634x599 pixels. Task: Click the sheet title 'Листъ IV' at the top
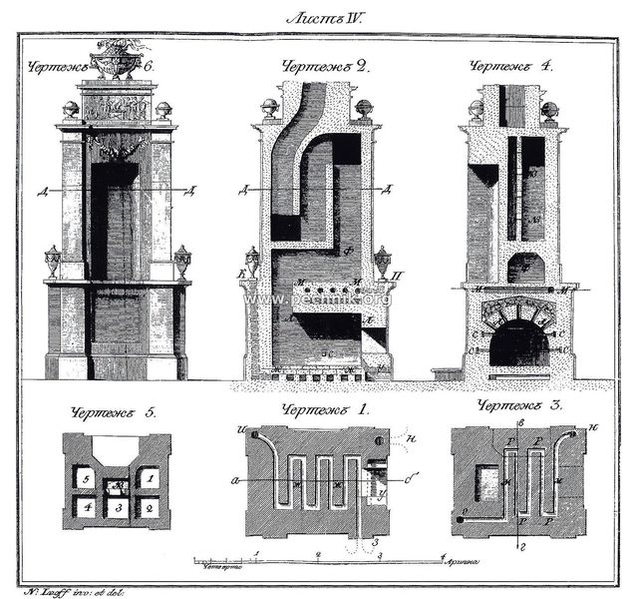pos(316,17)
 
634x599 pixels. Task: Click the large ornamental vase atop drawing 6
pos(119,59)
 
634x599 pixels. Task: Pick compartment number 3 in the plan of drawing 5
pos(119,508)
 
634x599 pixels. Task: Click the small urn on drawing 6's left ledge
pos(53,262)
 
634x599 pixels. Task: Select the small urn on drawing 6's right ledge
pos(182,262)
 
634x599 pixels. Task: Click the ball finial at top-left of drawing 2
pos(268,108)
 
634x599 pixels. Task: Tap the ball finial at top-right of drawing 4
pos(547,109)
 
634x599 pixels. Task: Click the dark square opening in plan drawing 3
pos(489,482)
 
